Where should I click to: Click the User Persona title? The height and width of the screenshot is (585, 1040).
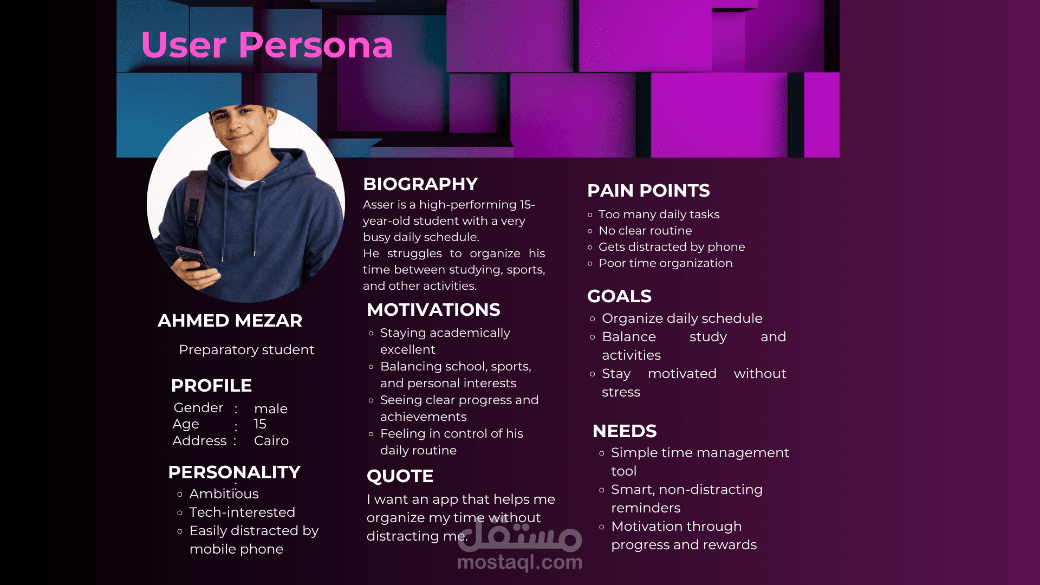tap(266, 44)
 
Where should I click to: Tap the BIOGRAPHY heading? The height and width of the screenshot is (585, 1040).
tap(420, 184)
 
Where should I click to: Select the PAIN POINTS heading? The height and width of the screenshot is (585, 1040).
tap(648, 191)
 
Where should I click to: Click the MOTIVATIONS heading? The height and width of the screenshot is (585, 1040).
tap(433, 310)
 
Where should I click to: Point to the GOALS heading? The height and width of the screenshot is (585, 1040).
tap(619, 296)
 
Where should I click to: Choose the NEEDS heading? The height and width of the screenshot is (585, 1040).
tap(625, 431)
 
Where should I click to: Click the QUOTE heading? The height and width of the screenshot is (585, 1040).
tap(400, 476)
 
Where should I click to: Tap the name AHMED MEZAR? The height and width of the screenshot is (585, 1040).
tap(230, 321)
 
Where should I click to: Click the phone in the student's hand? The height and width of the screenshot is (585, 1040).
tap(192, 258)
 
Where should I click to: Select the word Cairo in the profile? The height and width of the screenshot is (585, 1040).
tap(271, 441)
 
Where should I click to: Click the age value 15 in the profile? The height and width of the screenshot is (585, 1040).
tap(260, 424)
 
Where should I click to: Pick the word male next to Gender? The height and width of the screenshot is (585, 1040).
tap(271, 409)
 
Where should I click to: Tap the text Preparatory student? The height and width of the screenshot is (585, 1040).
tap(246, 350)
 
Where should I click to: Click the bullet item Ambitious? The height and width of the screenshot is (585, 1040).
tap(224, 494)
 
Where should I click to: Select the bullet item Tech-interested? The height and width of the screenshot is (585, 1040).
tap(242, 512)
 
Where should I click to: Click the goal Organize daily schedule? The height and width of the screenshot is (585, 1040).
tap(682, 318)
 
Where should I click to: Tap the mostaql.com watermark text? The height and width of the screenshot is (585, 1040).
tap(519, 562)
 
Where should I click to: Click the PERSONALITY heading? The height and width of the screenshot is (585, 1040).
tap(234, 472)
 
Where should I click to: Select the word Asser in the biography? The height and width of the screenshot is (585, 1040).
tap(377, 205)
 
